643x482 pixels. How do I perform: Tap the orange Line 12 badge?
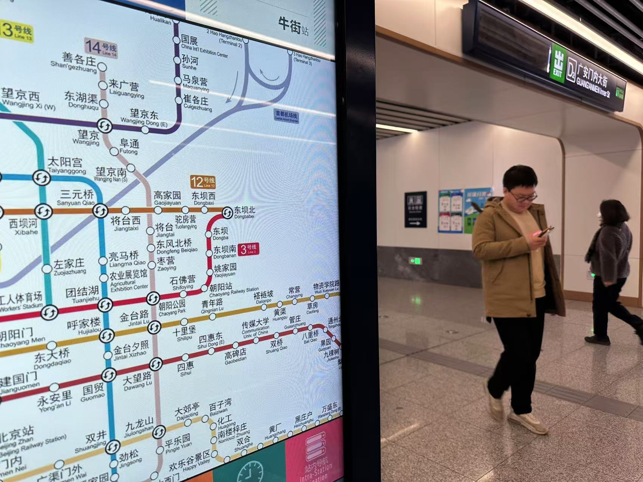[x=202, y=182]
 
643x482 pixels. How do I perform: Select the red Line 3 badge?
[x=248, y=249]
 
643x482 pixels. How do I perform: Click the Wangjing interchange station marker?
[x=105, y=126]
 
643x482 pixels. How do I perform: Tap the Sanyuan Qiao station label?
[x=76, y=198]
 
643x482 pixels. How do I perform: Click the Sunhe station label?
[x=190, y=62]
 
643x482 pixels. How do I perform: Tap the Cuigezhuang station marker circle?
[x=178, y=100]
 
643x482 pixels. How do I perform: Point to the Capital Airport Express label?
[x=286, y=115]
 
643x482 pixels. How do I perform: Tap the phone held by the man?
[x=546, y=231]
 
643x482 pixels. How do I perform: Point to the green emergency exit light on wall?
[x=416, y=261]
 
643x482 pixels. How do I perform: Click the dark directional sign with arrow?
[x=415, y=209]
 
